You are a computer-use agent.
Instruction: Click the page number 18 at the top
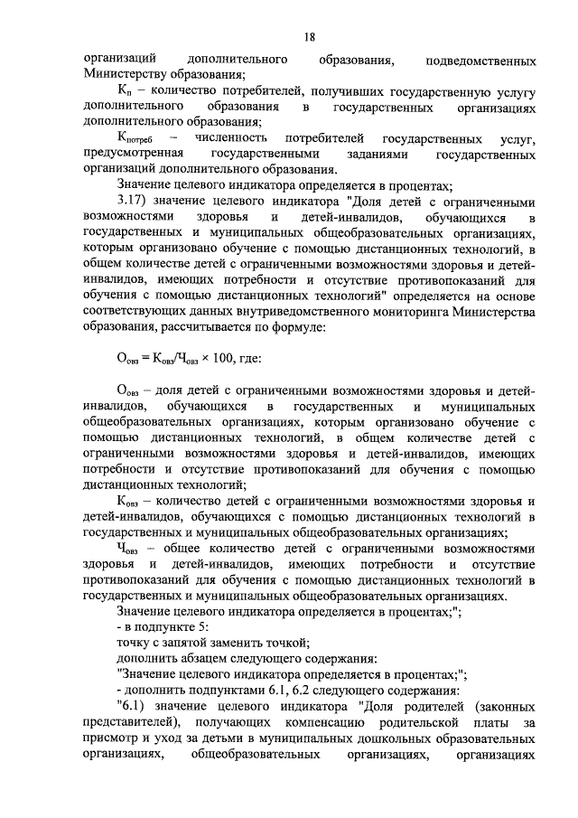(x=309, y=37)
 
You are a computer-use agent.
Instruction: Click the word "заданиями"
(x=383, y=155)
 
